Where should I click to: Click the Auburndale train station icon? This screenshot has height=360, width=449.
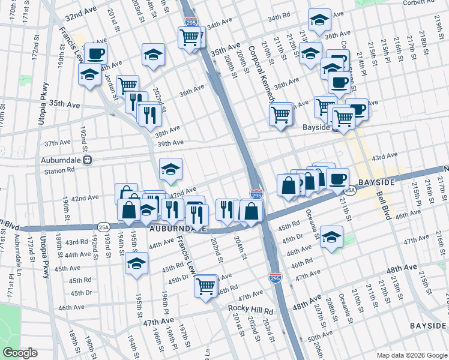pos(88,160)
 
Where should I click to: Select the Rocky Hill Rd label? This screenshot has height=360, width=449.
pos(250,311)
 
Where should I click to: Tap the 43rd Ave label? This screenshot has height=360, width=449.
pos(384,157)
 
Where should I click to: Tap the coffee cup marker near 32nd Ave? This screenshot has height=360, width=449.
pos(95,54)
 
